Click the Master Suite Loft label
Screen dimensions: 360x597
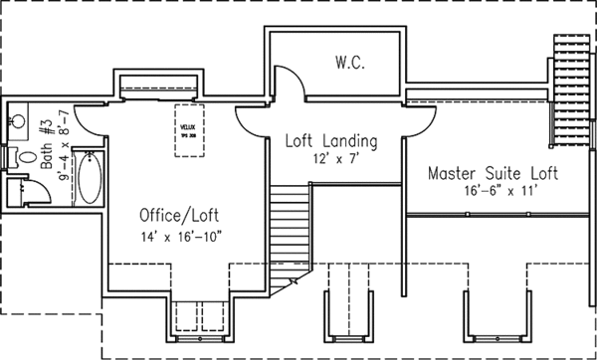[494, 173]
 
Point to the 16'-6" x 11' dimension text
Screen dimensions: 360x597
[494, 190]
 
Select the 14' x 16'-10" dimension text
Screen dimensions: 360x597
[178, 236]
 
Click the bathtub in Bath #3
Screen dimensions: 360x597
[87, 177]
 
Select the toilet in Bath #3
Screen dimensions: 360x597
[27, 157]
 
